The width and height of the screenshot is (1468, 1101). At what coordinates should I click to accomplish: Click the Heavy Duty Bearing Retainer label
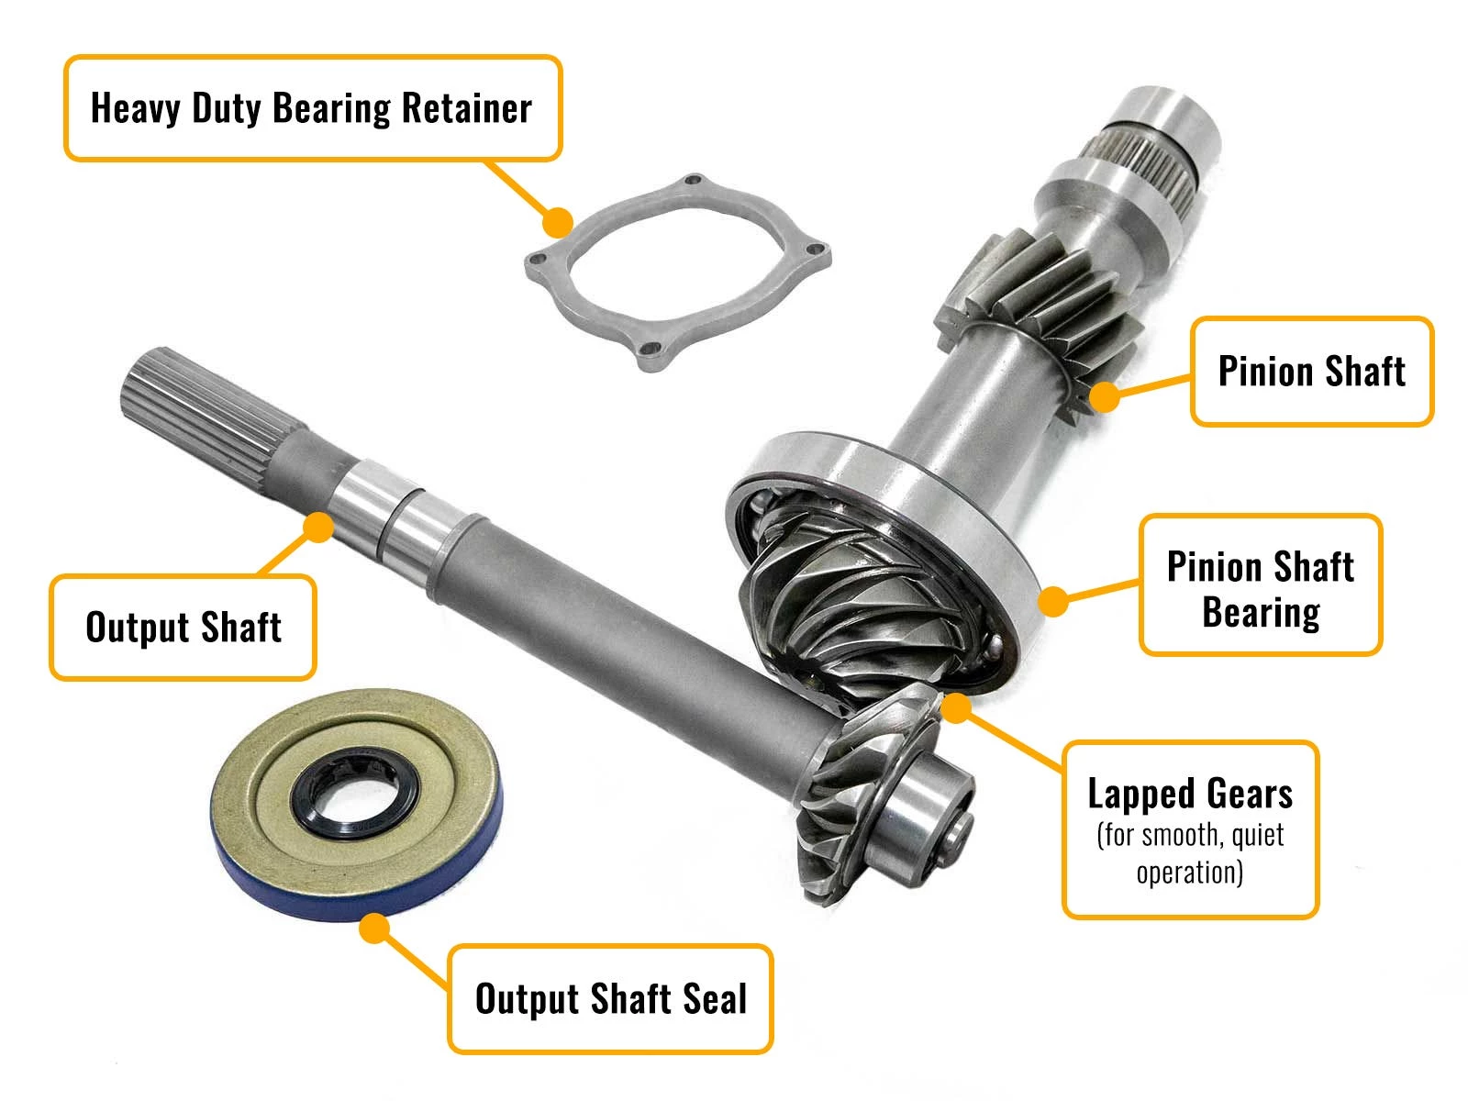tap(312, 108)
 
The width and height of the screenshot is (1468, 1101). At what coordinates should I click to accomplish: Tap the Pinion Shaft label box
tap(1311, 372)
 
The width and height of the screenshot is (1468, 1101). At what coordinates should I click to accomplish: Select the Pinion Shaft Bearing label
tap(1260, 585)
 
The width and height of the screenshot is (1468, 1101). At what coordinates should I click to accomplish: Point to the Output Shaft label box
tap(183, 628)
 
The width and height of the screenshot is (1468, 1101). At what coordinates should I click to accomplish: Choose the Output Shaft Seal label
tap(610, 998)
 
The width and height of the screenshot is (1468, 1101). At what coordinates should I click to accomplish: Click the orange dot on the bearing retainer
tap(557, 221)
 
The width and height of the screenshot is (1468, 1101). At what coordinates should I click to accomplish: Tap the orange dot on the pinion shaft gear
tap(1105, 396)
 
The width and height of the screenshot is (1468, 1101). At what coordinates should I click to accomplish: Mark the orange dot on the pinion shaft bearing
tap(1053, 602)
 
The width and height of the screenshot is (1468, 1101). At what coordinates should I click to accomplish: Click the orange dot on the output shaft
tap(318, 527)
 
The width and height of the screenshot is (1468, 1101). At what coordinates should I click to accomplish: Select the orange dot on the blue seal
tap(373, 929)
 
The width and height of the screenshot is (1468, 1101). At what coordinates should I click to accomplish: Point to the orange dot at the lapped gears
tap(956, 707)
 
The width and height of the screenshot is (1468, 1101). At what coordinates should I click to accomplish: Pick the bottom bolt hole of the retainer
tap(651, 350)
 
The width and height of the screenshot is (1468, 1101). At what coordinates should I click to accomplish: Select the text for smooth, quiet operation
tap(1190, 853)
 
